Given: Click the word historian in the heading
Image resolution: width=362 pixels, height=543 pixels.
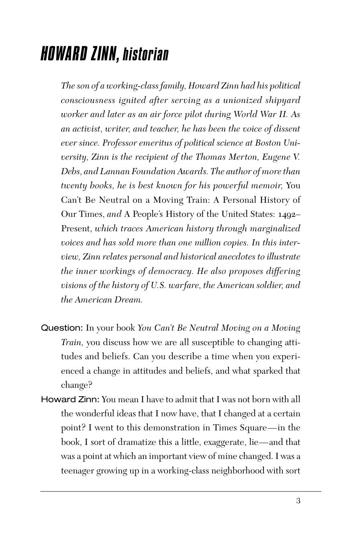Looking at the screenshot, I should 145,54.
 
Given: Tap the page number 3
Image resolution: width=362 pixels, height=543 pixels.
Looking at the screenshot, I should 298,501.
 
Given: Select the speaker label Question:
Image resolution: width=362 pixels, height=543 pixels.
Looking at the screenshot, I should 62,328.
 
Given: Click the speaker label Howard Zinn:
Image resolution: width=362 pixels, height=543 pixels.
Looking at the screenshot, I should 70,399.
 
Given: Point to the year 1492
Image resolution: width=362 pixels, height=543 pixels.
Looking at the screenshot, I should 288,214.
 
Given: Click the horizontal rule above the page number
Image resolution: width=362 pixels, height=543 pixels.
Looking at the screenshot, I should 181,491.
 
